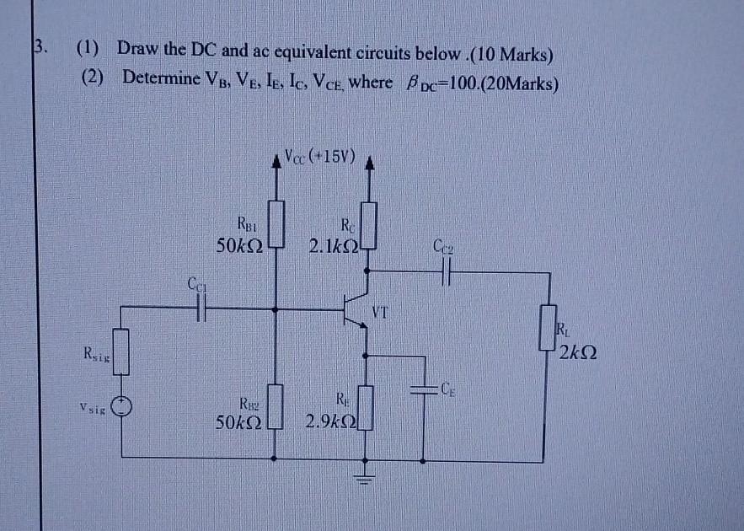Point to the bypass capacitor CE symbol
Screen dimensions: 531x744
click(420, 389)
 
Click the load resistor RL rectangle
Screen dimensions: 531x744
click(550, 329)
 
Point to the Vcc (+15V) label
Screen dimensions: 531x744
click(320, 157)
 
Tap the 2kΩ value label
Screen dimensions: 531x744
click(577, 352)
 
